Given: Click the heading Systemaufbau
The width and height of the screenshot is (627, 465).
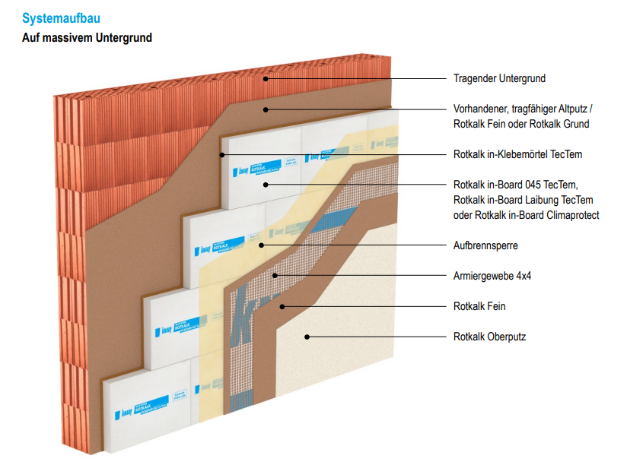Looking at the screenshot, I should [62, 18].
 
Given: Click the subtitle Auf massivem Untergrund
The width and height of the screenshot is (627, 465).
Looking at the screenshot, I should [87, 37].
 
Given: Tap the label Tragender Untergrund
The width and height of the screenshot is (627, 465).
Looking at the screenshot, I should [499, 78].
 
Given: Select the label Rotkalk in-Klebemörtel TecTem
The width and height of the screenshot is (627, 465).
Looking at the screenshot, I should [517, 154].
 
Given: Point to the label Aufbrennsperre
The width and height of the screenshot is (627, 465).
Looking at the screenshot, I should [485, 245].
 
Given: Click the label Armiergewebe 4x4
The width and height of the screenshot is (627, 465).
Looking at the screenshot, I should [492, 276].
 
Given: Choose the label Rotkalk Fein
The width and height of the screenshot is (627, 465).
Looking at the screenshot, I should [479, 306].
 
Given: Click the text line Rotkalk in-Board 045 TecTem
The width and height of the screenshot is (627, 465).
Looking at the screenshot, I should [520, 185].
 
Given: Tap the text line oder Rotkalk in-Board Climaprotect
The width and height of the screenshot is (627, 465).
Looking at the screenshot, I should [526, 215].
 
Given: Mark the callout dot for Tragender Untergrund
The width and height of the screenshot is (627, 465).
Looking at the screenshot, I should [266, 78].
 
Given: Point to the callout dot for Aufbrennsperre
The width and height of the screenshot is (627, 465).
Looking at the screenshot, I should [261, 245].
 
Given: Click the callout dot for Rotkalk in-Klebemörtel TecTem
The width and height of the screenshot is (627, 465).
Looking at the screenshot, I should [222, 154].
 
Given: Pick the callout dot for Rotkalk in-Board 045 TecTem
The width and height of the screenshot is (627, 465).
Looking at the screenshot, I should [266, 185].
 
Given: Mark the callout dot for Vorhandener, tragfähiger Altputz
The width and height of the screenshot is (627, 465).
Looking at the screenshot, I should [266, 109].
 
